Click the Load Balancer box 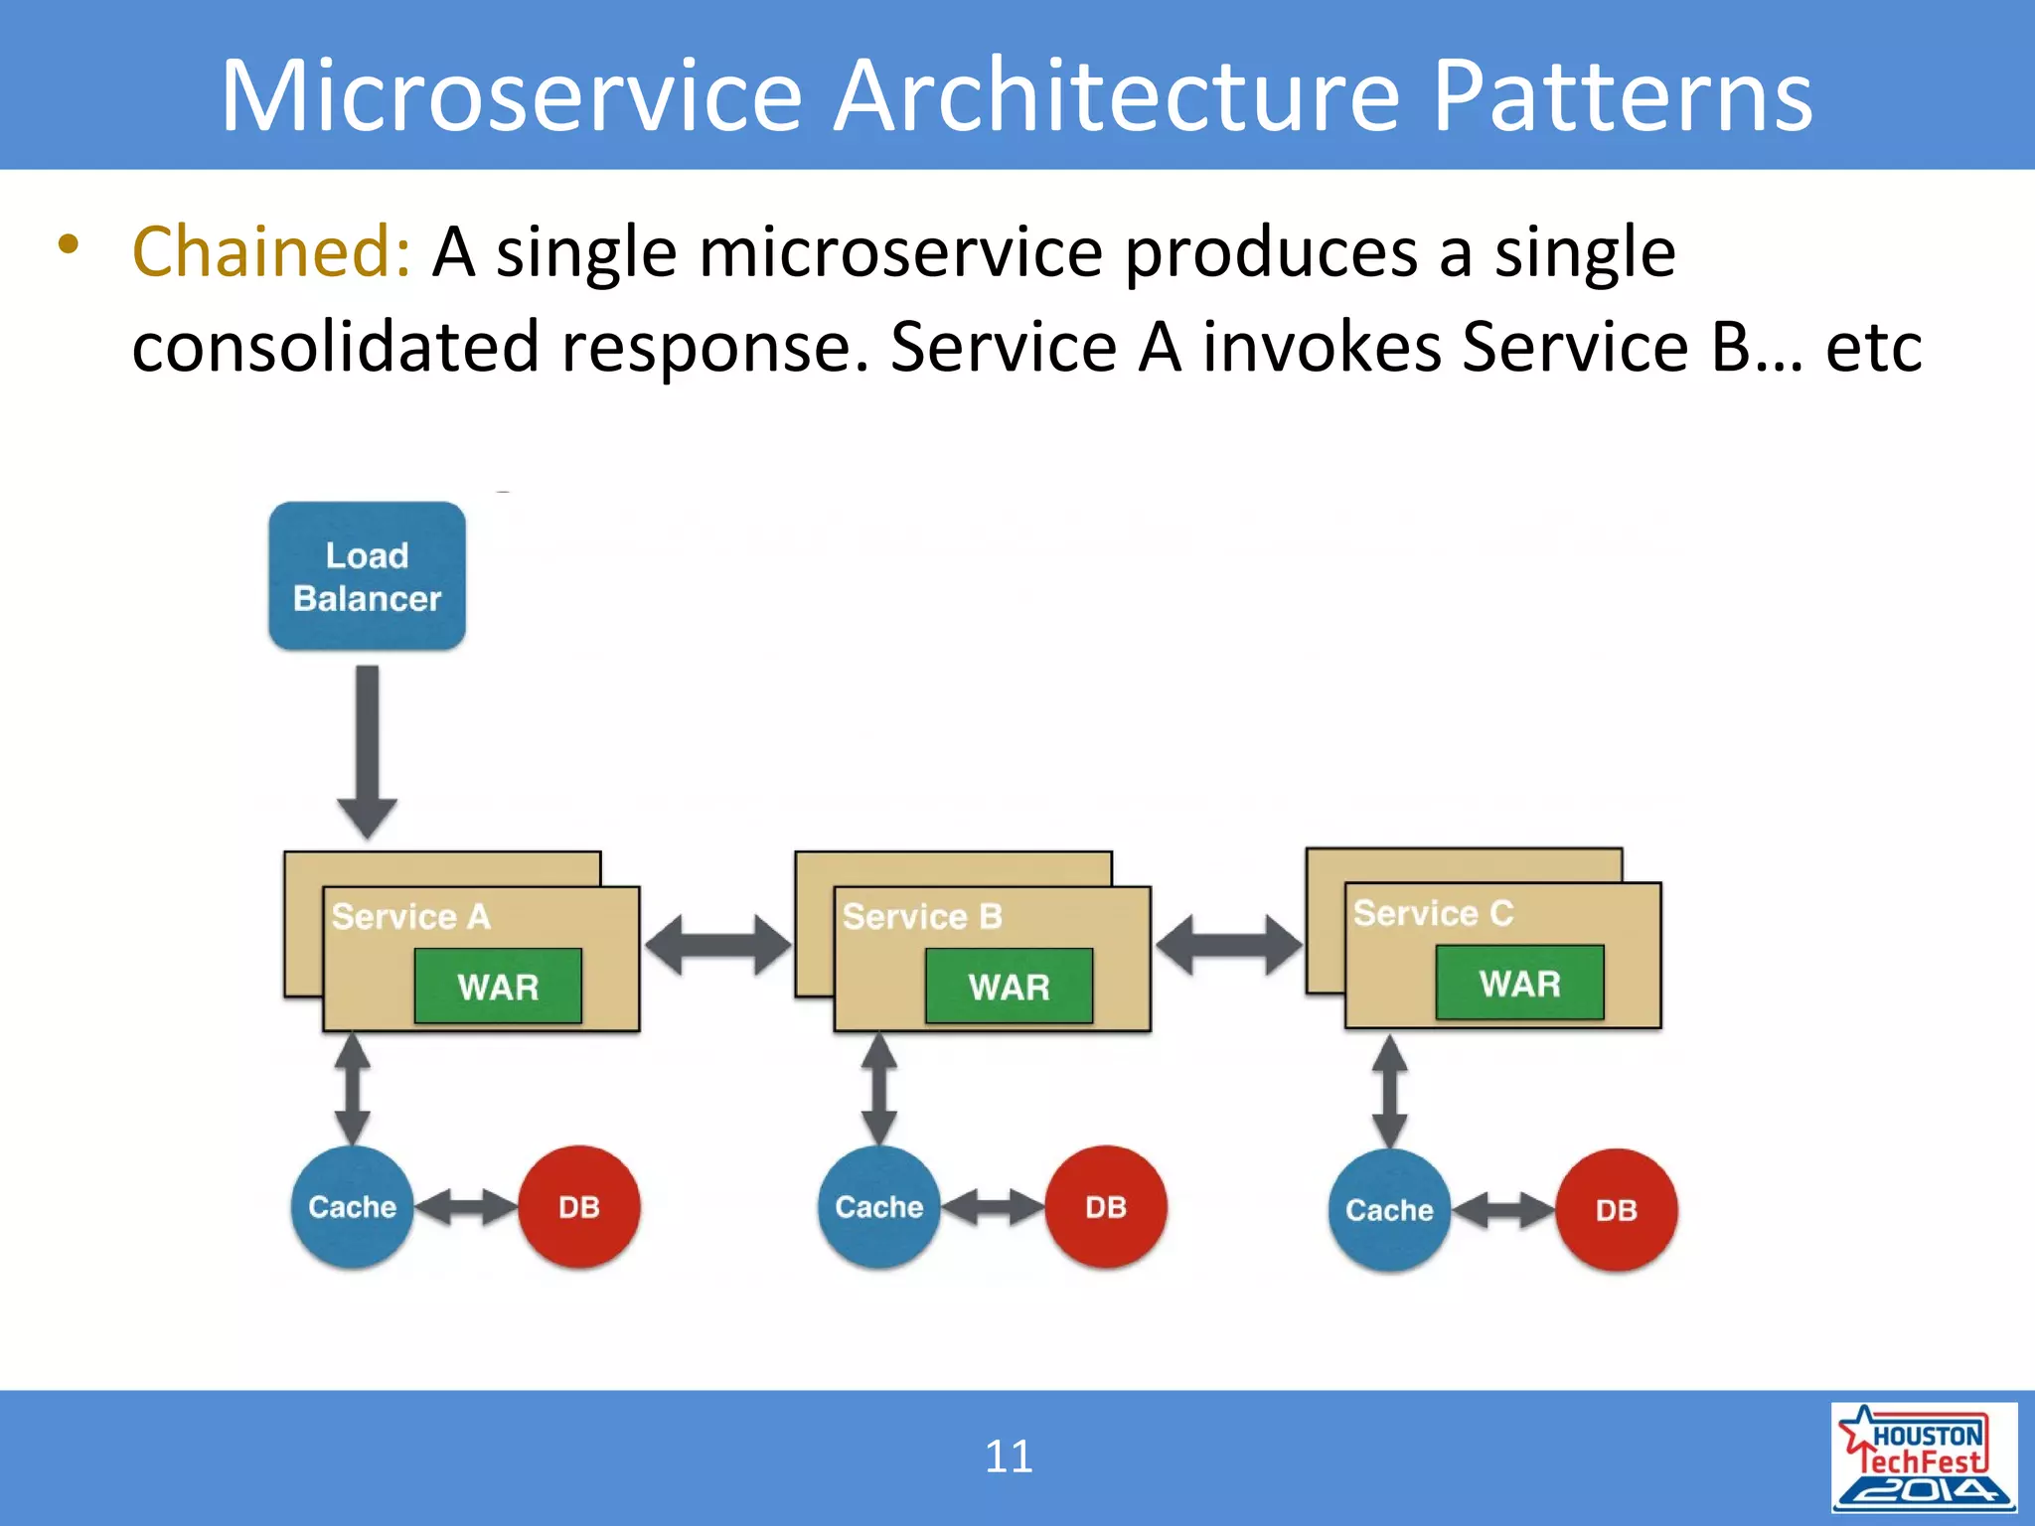point(367,576)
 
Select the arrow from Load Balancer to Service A point(367,750)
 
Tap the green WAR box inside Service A point(498,986)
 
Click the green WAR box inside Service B point(1009,986)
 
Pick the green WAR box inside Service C point(1519,983)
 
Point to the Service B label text point(922,916)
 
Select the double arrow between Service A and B point(717,945)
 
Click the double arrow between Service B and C point(1228,945)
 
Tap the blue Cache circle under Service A point(352,1207)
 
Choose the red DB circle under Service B point(1106,1207)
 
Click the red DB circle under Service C point(1616,1210)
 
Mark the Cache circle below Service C point(1389,1210)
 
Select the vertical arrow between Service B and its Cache point(878,1089)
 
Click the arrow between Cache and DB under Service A point(465,1207)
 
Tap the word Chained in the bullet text point(270,252)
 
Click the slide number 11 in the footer point(1009,1456)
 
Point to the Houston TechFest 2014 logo point(1924,1456)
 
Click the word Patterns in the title point(1622,96)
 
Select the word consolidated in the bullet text point(335,348)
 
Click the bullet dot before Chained point(68,244)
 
